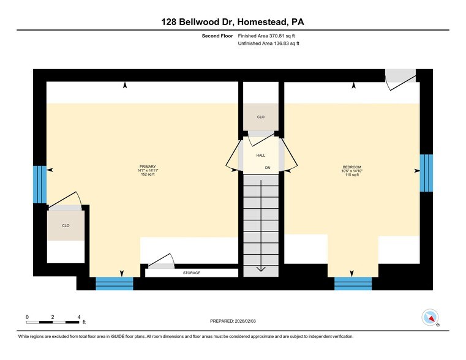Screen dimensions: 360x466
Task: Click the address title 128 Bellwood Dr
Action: click(233, 22)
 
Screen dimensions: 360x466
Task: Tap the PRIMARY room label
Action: click(148, 167)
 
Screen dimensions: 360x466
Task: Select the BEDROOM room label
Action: click(351, 167)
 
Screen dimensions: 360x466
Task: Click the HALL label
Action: click(261, 156)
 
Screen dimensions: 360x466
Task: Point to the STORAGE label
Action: click(192, 273)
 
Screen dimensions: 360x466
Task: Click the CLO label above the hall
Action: click(261, 116)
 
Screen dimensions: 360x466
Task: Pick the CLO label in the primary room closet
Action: click(66, 225)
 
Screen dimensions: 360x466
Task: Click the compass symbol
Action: click(430, 318)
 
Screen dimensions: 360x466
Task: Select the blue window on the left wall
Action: click(39, 184)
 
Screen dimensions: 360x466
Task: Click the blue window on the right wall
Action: click(426, 173)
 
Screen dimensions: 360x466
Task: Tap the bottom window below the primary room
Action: click(115, 283)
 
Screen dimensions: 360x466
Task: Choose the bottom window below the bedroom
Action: click(353, 283)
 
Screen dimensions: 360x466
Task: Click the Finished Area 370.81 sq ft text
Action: click(268, 36)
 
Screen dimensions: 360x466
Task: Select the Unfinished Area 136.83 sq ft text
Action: click(268, 43)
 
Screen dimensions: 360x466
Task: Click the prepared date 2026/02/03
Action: click(233, 321)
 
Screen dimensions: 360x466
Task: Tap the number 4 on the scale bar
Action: click(79, 317)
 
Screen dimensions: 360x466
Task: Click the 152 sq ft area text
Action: click(148, 175)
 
